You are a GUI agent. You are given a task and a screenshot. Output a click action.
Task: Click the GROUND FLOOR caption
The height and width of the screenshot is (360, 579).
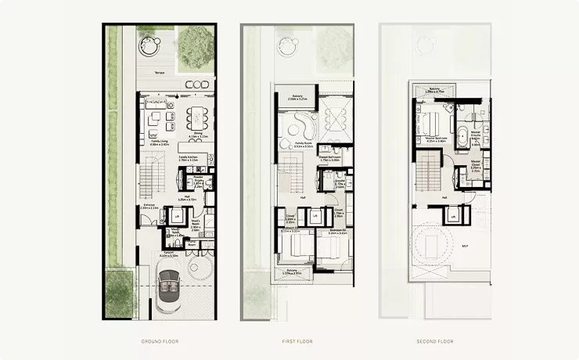162,341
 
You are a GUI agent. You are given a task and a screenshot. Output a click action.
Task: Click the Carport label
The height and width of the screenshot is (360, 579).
167,253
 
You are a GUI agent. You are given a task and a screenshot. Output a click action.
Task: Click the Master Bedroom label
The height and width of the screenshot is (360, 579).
429,139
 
